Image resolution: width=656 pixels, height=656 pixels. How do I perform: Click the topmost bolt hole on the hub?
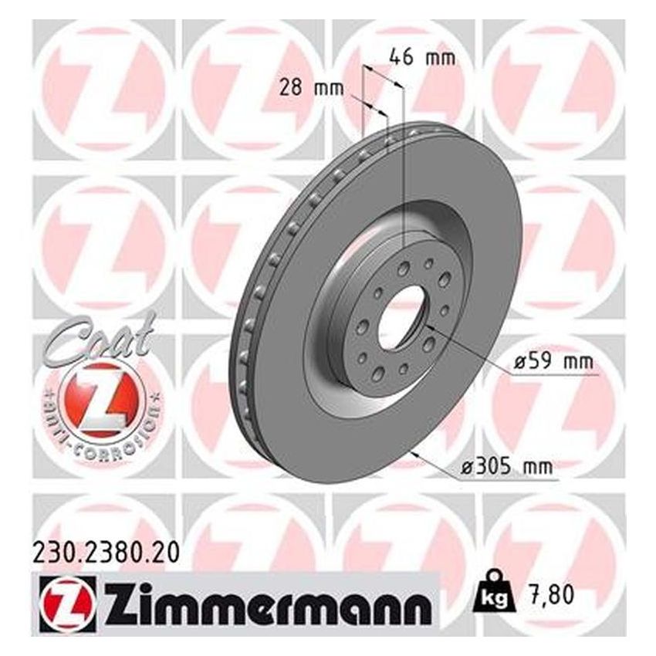pos(405,268)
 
